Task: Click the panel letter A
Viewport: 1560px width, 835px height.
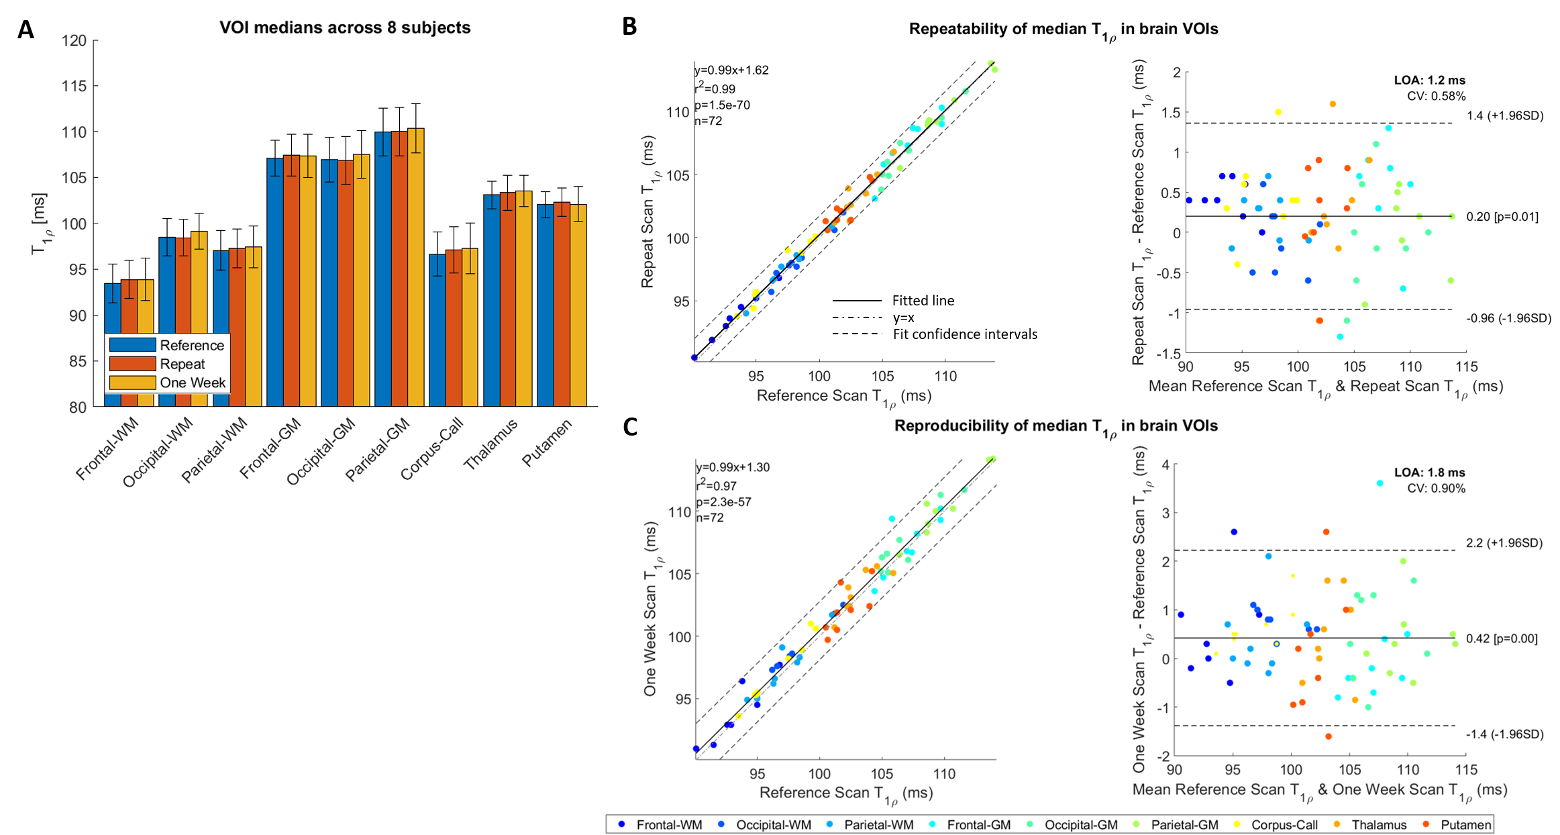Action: click(25, 30)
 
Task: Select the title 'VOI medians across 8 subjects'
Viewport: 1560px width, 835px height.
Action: click(345, 28)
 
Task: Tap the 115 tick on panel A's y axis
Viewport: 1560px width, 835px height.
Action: click(74, 86)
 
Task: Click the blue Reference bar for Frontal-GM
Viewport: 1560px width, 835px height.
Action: click(275, 282)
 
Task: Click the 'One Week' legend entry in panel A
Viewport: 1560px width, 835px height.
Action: click(192, 383)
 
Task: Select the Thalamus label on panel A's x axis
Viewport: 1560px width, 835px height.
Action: click(491, 444)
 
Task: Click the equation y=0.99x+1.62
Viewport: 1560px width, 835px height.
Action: click(732, 70)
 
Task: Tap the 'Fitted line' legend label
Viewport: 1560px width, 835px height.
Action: click(923, 301)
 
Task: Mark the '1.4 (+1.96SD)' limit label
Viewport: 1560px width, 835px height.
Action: click(1505, 115)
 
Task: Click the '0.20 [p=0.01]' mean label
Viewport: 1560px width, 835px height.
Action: click(1502, 217)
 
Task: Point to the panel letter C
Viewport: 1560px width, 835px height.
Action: click(630, 427)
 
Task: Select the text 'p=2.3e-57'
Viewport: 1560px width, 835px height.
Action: click(724, 501)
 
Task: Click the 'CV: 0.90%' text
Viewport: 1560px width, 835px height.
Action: click(1436, 489)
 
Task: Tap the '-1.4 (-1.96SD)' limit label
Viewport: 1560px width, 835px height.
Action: click(1504, 734)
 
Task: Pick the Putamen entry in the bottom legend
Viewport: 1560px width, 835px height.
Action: click(1465, 825)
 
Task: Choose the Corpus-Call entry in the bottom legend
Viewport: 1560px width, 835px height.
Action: click(1284, 825)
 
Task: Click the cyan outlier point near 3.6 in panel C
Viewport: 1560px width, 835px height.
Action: click(1380, 483)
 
